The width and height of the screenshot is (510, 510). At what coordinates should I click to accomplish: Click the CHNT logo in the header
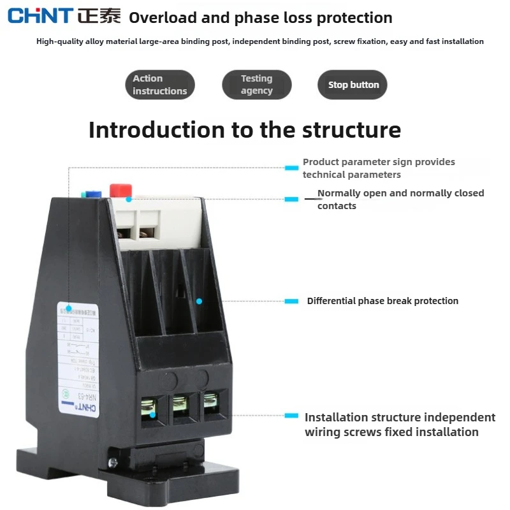pyautogui.click(x=40, y=17)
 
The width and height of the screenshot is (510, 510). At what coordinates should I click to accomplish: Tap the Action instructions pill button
pyautogui.click(x=159, y=85)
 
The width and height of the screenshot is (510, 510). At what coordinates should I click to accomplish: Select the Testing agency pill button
pyautogui.click(x=256, y=85)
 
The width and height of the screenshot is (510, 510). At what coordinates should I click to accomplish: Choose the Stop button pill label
pyautogui.click(x=353, y=85)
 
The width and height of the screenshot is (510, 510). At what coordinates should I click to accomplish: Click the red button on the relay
pyautogui.click(x=120, y=189)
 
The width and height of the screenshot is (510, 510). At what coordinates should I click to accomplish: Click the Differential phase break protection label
pyautogui.click(x=382, y=301)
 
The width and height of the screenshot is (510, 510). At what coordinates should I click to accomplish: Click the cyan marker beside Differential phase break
pyautogui.click(x=291, y=301)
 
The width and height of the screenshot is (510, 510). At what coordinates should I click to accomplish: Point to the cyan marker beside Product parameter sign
pyautogui.click(x=291, y=168)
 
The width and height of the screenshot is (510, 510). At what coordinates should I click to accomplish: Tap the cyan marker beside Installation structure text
pyautogui.click(x=291, y=416)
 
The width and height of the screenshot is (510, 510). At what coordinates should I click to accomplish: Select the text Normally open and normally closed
pyautogui.click(x=400, y=193)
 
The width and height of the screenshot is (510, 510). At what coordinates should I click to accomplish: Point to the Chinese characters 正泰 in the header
pyautogui.click(x=99, y=17)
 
